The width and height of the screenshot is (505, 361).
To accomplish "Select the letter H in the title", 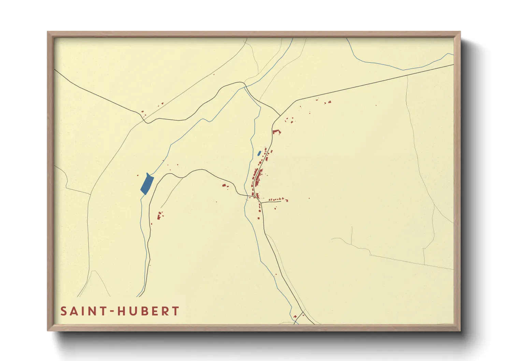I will click(122, 311).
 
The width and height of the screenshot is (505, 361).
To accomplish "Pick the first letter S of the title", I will click(64, 311).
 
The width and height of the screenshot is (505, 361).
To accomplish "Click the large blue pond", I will click(147, 184).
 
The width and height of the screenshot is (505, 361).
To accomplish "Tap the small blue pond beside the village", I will click(259, 154).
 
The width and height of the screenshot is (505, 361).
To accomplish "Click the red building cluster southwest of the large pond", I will click(159, 216).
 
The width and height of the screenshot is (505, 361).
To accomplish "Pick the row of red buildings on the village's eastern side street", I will click(277, 199).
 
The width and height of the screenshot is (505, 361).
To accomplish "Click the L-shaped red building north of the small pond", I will click(276, 131).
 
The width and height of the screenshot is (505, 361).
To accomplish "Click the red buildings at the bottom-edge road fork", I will click(295, 317).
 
